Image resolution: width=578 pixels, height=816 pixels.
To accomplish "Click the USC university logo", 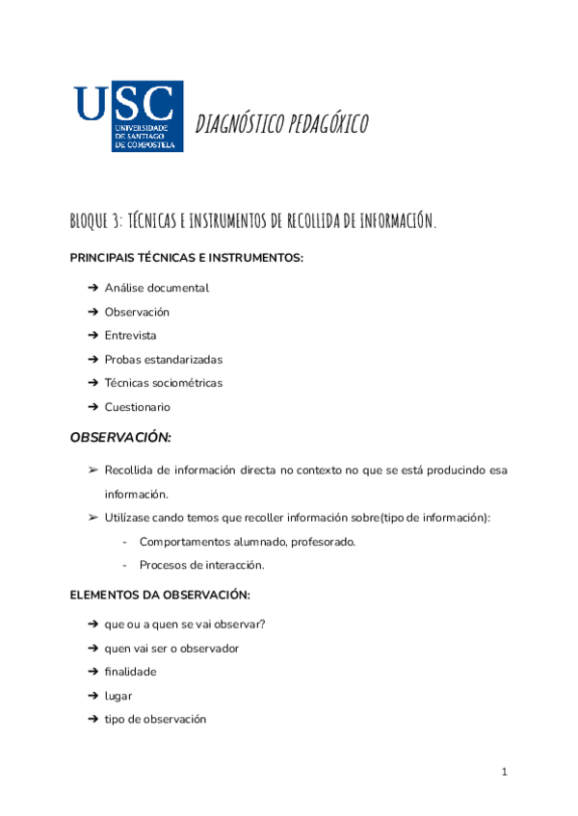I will click(x=127, y=116).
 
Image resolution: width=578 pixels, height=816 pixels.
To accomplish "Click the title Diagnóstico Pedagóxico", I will click(x=281, y=124).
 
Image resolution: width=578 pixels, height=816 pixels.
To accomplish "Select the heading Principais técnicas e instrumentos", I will click(x=186, y=258).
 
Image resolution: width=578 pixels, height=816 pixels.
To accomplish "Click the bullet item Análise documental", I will click(x=156, y=288).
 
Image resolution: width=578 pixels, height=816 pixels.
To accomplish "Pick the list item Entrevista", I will click(x=130, y=336).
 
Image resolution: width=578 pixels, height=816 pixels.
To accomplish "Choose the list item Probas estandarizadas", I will click(x=163, y=360).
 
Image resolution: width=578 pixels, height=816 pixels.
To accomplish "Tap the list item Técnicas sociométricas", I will click(x=163, y=383).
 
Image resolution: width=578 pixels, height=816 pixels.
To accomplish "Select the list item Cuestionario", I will click(x=137, y=407).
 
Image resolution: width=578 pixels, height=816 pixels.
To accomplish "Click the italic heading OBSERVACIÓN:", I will click(x=120, y=438).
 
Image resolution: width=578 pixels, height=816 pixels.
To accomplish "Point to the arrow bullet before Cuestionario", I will click(x=92, y=407).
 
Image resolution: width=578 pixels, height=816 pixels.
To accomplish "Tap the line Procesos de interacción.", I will click(x=201, y=565).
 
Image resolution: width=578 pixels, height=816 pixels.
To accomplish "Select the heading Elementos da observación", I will click(x=160, y=595).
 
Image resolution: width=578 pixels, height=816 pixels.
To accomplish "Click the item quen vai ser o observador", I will click(x=171, y=649).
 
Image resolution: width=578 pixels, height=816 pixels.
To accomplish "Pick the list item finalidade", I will click(x=130, y=672).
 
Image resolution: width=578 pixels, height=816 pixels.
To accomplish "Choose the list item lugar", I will click(x=118, y=696).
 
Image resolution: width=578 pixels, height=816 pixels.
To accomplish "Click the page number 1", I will click(x=504, y=772).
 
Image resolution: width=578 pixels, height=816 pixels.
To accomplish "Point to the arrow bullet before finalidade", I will click(x=92, y=672).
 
